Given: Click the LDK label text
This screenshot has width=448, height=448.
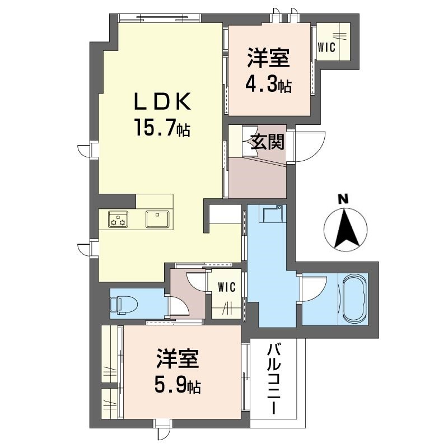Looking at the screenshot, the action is [x=162, y=102].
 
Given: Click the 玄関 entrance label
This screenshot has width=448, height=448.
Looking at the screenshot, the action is [x=268, y=142].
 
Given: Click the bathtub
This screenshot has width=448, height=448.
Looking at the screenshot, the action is [x=354, y=298].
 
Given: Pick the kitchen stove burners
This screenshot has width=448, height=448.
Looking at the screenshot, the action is [x=118, y=220].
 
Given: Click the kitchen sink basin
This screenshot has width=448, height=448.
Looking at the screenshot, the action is [x=157, y=219].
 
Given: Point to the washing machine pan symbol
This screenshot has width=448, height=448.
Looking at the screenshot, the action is [x=271, y=213].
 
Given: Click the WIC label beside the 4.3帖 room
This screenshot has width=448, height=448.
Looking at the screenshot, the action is [x=326, y=48].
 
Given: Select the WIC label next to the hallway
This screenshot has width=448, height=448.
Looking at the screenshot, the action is [x=227, y=287].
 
